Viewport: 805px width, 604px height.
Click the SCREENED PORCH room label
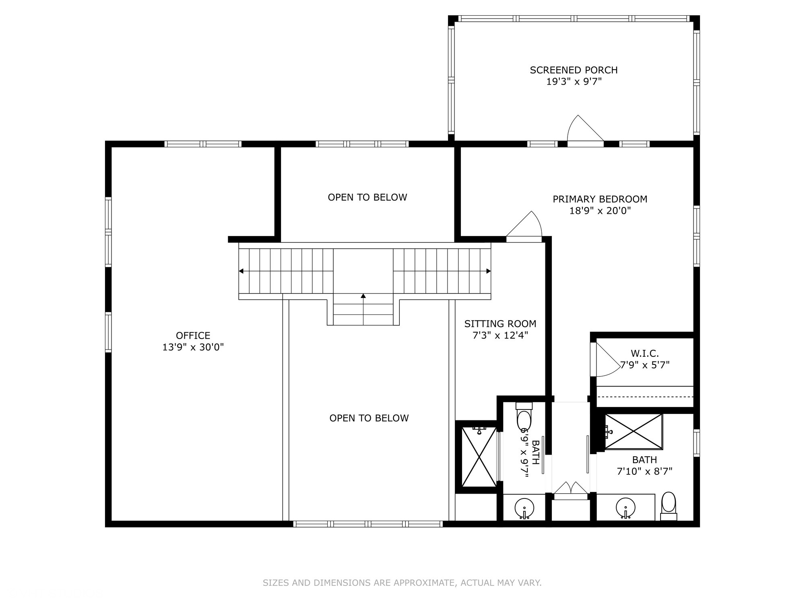coord(574,70)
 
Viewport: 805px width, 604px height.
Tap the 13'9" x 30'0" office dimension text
coord(193,347)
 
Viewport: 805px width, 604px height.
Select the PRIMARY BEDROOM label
coord(600,199)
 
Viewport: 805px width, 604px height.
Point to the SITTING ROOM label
coord(500,324)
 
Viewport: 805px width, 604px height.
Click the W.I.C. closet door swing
coord(606,360)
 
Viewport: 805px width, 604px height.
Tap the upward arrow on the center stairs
coord(363,297)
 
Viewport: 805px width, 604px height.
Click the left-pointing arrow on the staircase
coord(241,271)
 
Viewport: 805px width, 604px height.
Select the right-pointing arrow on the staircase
coord(488,271)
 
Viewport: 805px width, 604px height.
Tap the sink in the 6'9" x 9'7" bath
coord(524,508)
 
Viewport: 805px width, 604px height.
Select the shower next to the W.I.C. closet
coord(634,431)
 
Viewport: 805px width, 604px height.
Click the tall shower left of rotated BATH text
coord(479,457)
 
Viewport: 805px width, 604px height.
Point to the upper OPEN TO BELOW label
coord(367,197)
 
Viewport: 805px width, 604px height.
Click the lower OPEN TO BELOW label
coord(369,418)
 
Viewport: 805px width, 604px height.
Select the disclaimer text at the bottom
coord(402,583)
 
